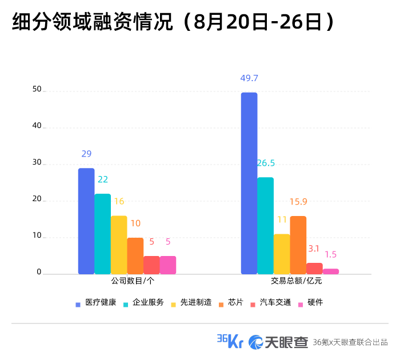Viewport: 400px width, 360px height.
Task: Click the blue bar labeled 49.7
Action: click(249, 183)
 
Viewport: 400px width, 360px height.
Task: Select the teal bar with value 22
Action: click(102, 234)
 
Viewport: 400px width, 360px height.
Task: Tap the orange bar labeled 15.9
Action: click(298, 245)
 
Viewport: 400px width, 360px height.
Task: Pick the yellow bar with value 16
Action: click(119, 245)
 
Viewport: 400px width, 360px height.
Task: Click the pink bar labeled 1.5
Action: click(331, 271)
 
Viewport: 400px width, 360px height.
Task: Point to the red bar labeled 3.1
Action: click(314, 269)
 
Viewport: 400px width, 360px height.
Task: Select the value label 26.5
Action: click(266, 163)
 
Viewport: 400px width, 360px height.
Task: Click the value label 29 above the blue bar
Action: click(86, 154)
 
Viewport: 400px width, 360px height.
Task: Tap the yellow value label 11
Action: click(282, 219)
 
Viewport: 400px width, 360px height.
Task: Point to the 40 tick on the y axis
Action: click(37, 126)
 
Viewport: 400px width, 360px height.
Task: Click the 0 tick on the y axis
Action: click(39, 272)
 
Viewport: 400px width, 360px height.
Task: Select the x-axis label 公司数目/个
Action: click(133, 281)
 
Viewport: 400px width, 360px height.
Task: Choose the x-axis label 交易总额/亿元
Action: click(297, 281)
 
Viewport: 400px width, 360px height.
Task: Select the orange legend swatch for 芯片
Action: click(221, 305)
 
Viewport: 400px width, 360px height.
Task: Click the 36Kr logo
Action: click(230, 341)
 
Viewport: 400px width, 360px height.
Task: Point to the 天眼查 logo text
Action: click(286, 342)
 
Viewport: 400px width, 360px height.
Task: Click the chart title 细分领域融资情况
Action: click(93, 22)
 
